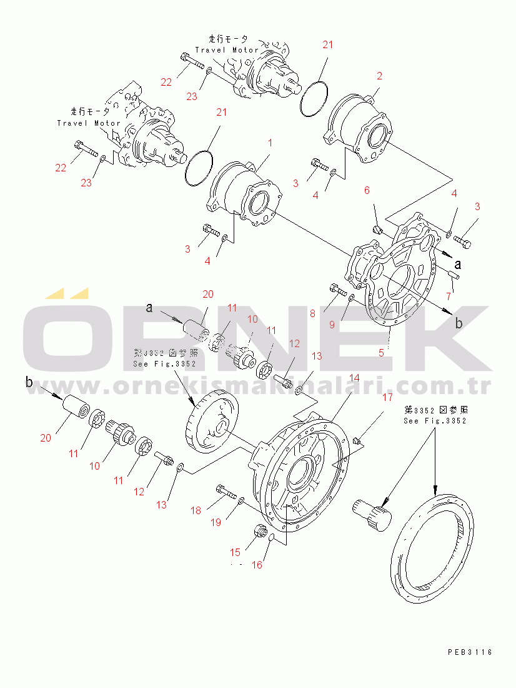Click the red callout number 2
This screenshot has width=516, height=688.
pos(379,76)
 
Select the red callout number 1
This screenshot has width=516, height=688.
pos(270,143)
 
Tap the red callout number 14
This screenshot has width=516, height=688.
pos(354,378)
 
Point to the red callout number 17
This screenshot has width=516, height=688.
pos(387,397)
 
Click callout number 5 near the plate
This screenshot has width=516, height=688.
pos(381,352)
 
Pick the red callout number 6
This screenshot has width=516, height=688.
pos(367,190)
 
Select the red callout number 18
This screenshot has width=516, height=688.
pos(196,510)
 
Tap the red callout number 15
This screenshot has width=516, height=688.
pos(235,552)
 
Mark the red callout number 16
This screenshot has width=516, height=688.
pos(257,565)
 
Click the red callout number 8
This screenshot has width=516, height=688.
pos(312,313)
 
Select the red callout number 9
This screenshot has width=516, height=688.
pos(332,324)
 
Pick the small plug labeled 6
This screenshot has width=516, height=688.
pos(376,230)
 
